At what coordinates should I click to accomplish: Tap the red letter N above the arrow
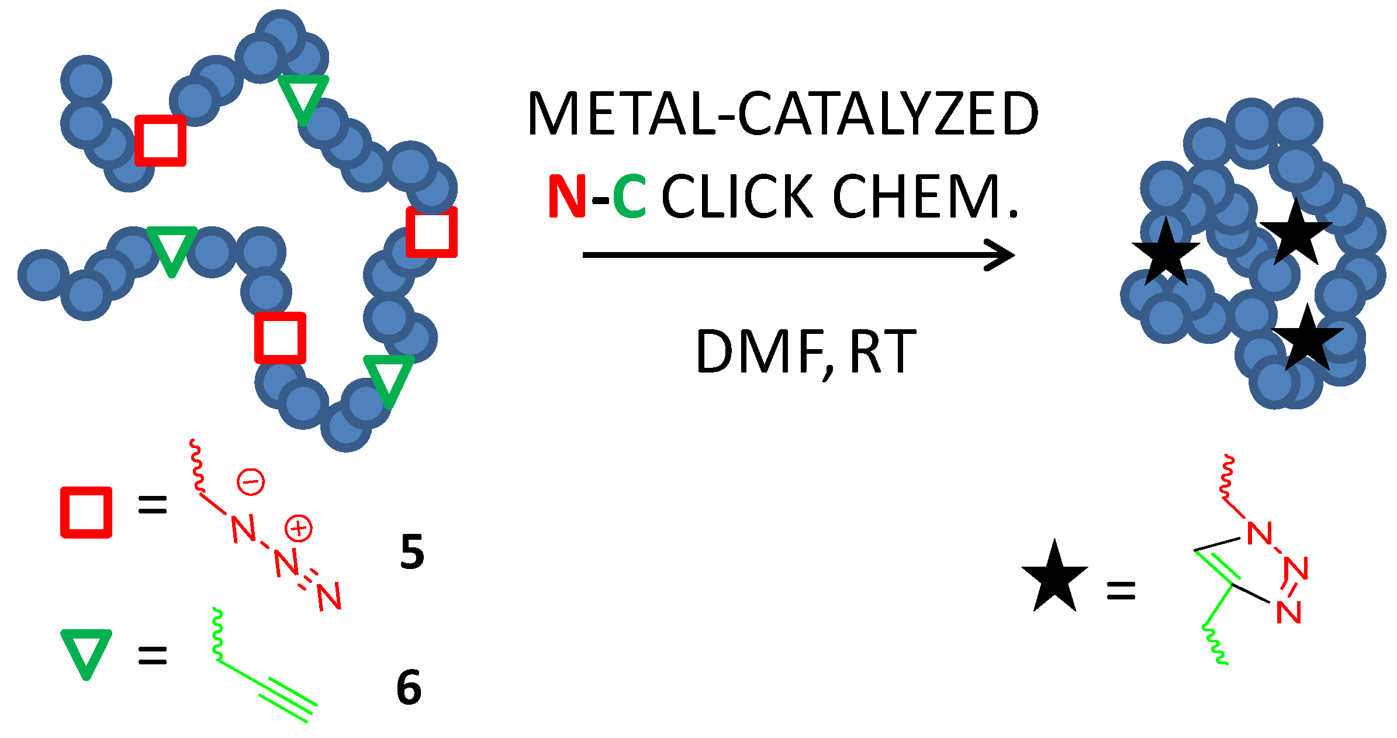coord(566,196)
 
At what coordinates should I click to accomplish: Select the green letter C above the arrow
coord(630,196)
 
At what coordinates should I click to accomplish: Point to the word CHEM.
coord(925,196)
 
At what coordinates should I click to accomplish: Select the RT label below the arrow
coord(883,352)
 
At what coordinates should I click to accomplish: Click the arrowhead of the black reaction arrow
coord(1001,255)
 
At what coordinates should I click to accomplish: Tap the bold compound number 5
coord(412,551)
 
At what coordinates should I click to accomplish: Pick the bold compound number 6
coord(409,687)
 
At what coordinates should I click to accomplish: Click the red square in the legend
coord(87,512)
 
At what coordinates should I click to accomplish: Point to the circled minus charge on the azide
coord(251,482)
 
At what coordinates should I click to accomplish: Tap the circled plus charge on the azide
coord(298,529)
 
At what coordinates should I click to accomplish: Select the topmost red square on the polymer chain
coord(161,140)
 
